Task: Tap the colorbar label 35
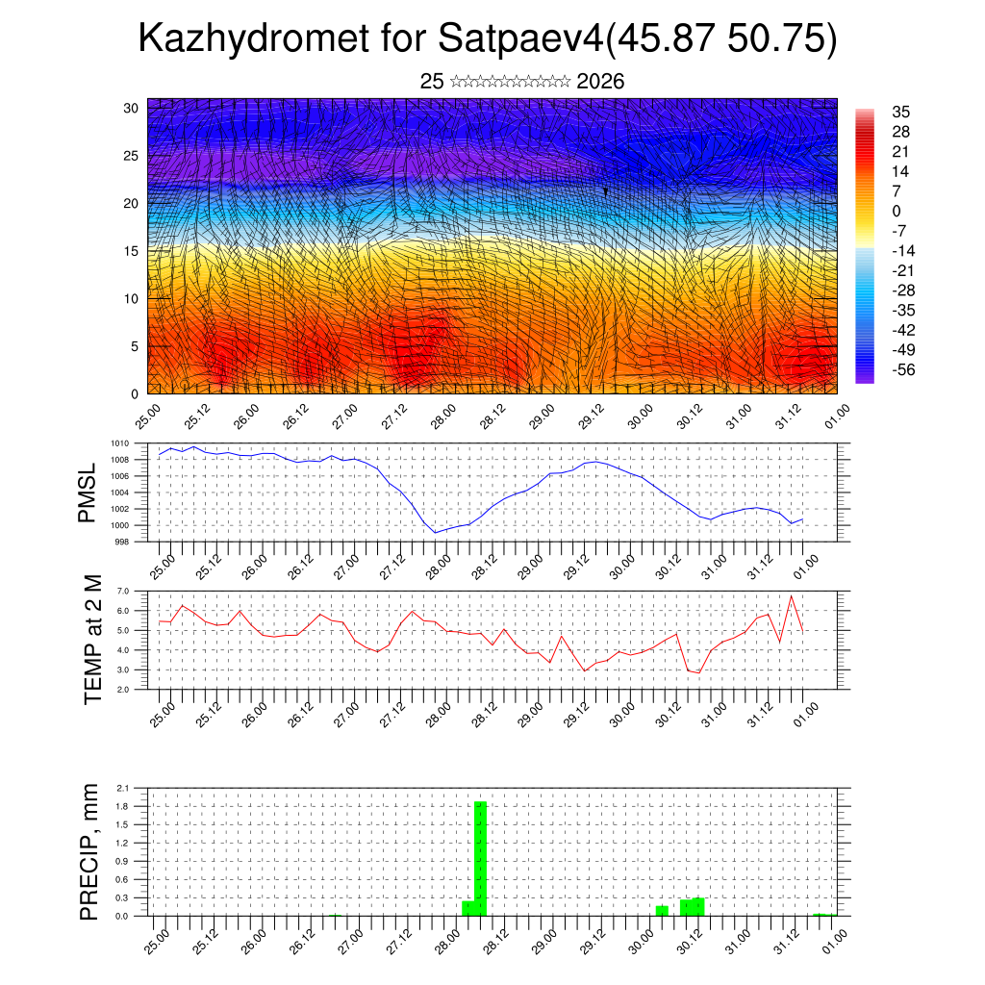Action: click(901, 112)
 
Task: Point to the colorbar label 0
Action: click(897, 211)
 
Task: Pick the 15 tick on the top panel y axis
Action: click(132, 251)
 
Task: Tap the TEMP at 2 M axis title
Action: click(93, 639)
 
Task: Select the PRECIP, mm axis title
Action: click(88, 851)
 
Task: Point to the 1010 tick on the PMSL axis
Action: click(119, 443)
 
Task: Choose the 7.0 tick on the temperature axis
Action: click(123, 591)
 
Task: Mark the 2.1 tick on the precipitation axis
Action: click(123, 788)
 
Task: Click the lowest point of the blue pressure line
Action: click(435, 533)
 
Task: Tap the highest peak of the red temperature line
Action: click(791, 596)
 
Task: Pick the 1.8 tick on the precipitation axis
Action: click(123, 806)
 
